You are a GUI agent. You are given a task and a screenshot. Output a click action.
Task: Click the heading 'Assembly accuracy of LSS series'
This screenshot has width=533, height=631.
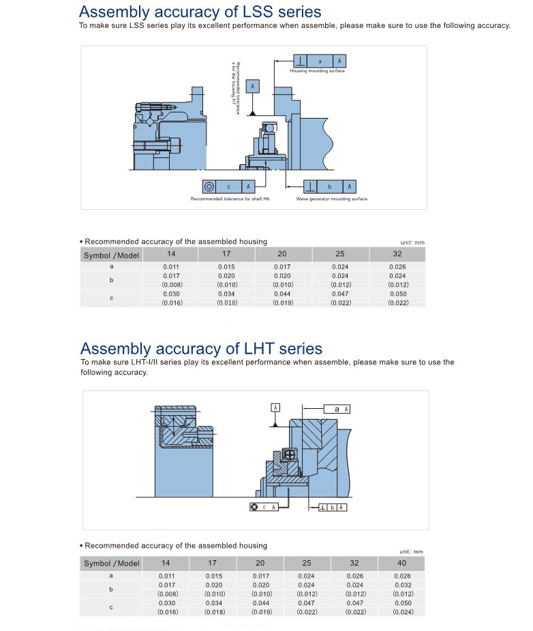pyautogui.click(x=200, y=12)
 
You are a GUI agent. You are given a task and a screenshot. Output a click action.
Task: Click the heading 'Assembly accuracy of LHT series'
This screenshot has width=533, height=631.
pyautogui.click(x=201, y=349)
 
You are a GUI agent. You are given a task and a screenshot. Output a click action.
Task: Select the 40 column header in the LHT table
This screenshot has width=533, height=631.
pyautogui.click(x=401, y=563)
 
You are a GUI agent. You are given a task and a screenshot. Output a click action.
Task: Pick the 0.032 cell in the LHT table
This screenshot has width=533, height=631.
pyautogui.click(x=402, y=585)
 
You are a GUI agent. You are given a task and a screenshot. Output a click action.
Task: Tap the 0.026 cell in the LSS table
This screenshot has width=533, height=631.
pyautogui.click(x=397, y=266)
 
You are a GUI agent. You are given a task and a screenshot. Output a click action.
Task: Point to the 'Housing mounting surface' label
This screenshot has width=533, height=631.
pyautogui.click(x=317, y=71)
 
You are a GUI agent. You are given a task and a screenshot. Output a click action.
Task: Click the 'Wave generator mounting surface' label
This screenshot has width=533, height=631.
pyautogui.click(x=331, y=199)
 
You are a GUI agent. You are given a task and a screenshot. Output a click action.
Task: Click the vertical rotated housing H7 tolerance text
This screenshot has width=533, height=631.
pyautogui.click(x=236, y=88)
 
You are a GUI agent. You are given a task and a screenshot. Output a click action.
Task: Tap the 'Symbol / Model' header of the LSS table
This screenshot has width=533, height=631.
pyautogui.click(x=111, y=255)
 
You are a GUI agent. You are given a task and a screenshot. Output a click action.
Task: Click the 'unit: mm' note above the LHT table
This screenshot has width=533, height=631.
pyautogui.click(x=411, y=551)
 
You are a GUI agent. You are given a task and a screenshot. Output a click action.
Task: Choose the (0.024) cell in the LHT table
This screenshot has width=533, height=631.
pyautogui.click(x=402, y=612)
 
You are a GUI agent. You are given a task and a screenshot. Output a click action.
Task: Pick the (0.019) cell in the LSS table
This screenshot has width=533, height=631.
pyautogui.click(x=282, y=302)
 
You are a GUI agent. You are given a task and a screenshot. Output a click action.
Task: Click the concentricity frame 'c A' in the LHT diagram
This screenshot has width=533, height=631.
pyautogui.click(x=264, y=507)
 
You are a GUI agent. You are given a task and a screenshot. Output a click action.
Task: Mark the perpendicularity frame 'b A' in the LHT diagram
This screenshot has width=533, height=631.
pyautogui.click(x=332, y=507)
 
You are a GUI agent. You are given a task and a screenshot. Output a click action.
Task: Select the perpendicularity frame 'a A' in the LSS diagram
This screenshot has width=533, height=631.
pyautogui.click(x=320, y=61)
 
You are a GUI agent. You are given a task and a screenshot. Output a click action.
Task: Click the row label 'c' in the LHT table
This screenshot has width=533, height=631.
pyautogui.click(x=111, y=607)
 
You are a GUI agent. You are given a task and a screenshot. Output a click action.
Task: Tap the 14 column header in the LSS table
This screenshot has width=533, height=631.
pyautogui.click(x=171, y=254)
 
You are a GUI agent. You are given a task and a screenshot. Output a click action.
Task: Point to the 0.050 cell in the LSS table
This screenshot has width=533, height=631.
pyautogui.click(x=397, y=294)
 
